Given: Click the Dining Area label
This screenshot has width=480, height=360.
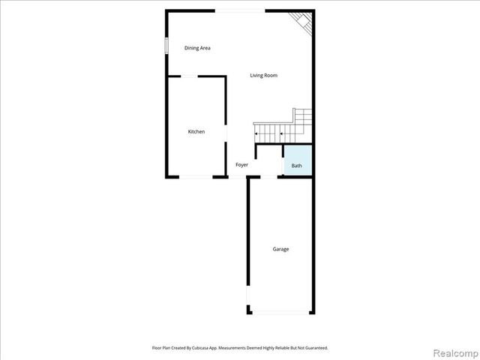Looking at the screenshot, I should tap(197, 48).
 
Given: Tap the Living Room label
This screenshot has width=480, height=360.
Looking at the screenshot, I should tap(264, 75).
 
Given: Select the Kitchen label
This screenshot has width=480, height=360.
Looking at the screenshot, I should tap(196, 132).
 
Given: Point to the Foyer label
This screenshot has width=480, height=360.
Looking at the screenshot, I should tap(241, 165).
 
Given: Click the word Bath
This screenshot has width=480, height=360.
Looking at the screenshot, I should tap(297, 166).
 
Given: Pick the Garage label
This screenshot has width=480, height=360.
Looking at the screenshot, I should tap(280, 249).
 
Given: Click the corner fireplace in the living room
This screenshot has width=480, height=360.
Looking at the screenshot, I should tap(301, 21).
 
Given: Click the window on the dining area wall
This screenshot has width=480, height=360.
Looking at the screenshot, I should tap(167, 44).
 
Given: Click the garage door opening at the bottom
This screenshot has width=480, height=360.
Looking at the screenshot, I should tap(281, 313).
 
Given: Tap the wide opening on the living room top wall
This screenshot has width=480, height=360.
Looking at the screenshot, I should tap(239, 10).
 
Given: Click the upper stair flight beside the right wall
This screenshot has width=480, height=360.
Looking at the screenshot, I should tap(303, 118).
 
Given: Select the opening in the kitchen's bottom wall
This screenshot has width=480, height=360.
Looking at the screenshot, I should tap(196, 176).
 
